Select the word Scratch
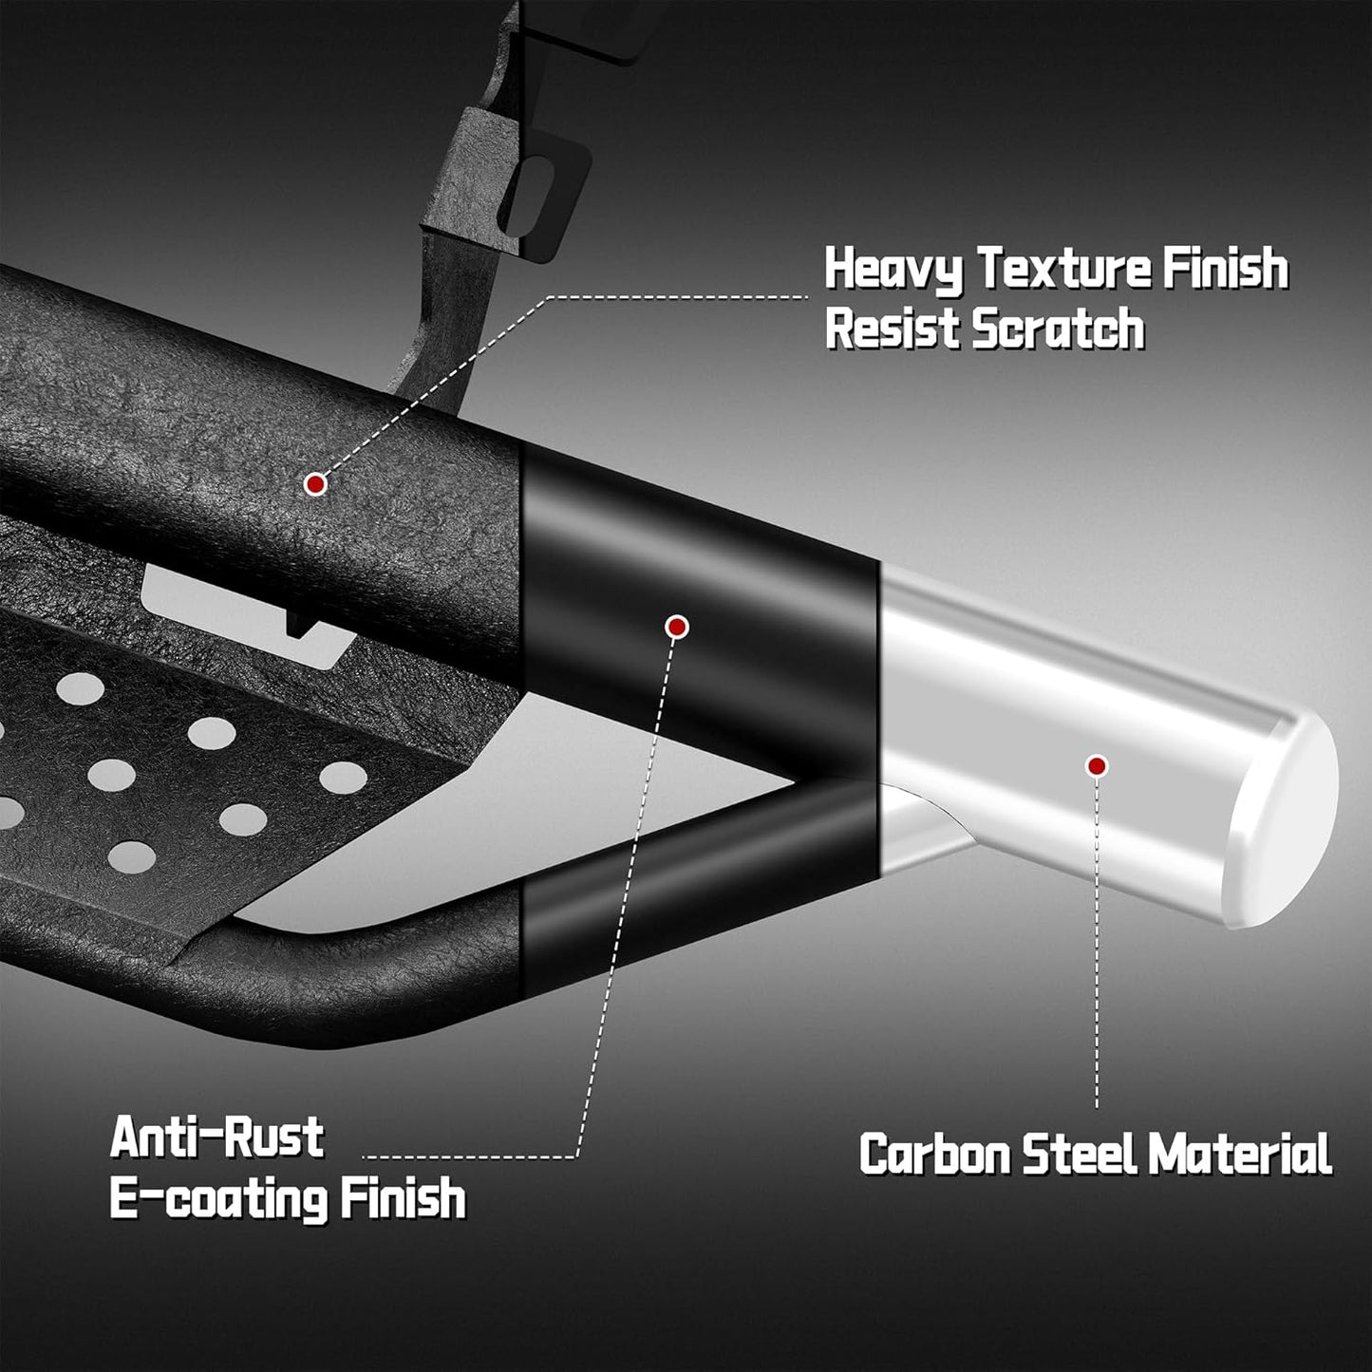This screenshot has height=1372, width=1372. point(1058,329)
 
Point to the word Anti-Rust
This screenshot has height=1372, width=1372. point(217,1137)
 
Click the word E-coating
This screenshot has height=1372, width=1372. point(217,1199)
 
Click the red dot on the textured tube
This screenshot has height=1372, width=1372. point(314,484)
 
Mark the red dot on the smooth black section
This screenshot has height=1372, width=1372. point(676,627)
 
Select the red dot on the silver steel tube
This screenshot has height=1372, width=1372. point(1098,766)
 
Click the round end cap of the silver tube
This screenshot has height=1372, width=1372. point(1282,818)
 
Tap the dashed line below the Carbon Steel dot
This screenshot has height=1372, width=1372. point(1098,941)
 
